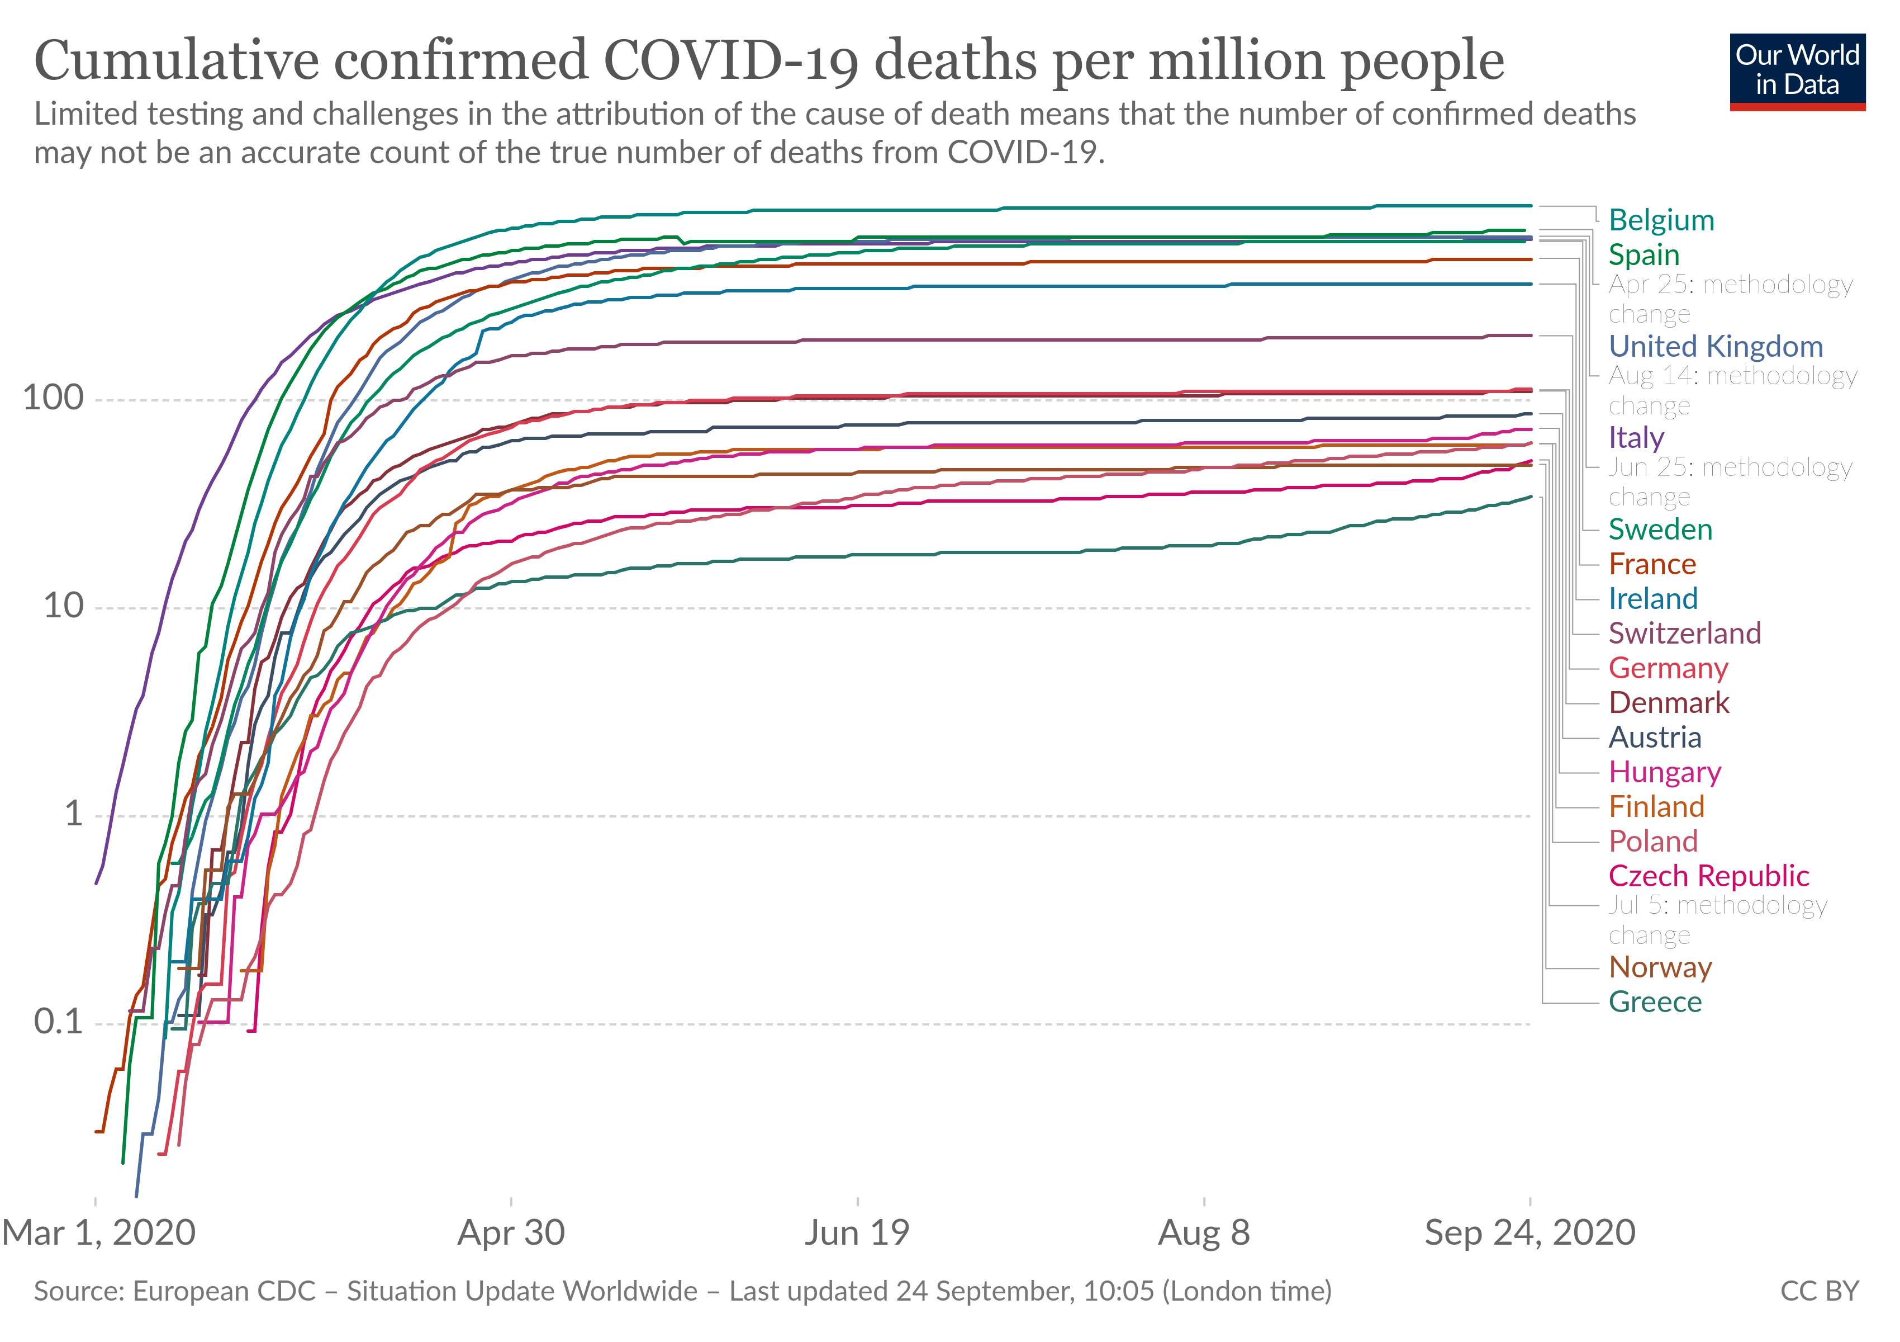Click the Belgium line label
point(1661,220)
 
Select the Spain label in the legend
point(1643,255)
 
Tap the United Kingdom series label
point(1716,346)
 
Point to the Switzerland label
point(1684,634)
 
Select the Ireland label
point(1652,598)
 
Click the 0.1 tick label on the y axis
point(58,1023)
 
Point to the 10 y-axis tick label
point(63,606)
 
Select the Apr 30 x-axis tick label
point(511,1234)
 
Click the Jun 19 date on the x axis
point(857,1234)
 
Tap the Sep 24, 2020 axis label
point(1529,1234)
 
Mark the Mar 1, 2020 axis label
point(99,1234)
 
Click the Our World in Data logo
point(1797,71)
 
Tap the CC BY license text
point(1819,1292)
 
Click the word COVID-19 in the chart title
point(731,62)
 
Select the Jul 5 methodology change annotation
point(1717,920)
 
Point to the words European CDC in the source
point(224,1292)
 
